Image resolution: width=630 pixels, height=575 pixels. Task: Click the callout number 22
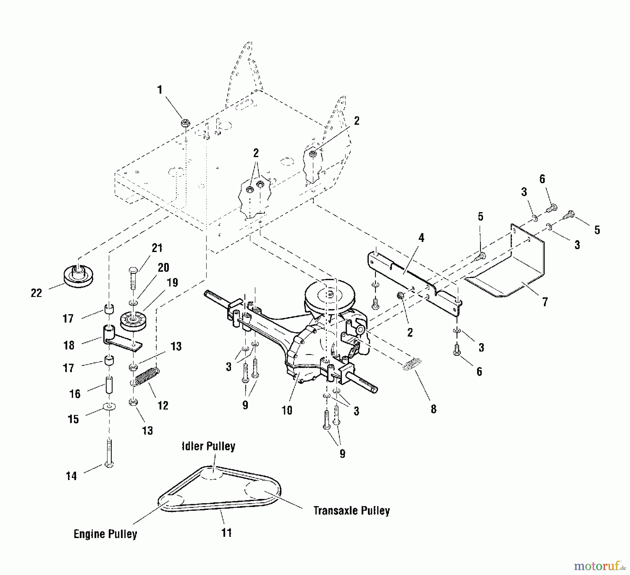click(36, 293)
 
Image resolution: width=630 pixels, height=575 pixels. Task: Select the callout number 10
click(287, 410)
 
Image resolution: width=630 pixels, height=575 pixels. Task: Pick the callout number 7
click(545, 302)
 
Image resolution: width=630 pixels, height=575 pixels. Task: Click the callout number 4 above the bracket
click(421, 238)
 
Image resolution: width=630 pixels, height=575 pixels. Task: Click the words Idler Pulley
click(209, 446)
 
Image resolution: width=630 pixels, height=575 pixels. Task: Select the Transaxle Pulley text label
click(351, 511)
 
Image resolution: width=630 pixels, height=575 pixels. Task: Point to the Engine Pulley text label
click(105, 534)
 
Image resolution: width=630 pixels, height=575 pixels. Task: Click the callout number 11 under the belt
click(227, 533)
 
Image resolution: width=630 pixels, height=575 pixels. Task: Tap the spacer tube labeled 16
click(109, 385)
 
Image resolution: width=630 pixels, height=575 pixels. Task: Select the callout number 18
click(69, 345)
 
